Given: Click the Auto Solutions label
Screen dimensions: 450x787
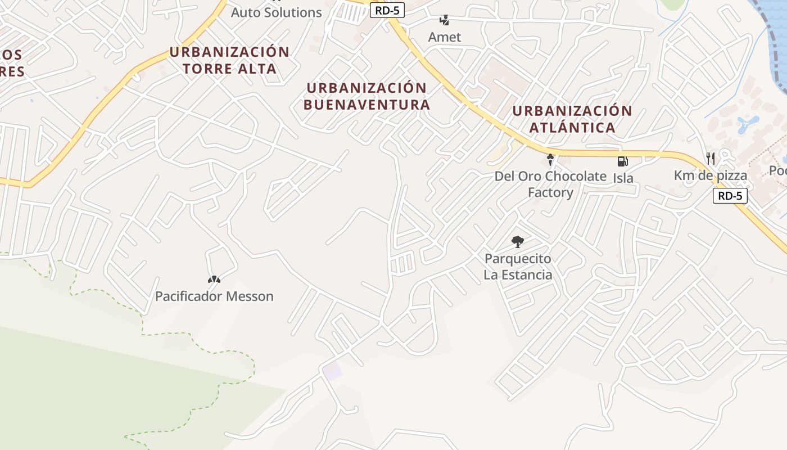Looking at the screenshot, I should click(x=276, y=12).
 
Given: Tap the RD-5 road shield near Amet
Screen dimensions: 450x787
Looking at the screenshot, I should click(x=387, y=10).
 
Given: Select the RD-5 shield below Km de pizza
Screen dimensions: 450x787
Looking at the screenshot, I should click(x=730, y=196).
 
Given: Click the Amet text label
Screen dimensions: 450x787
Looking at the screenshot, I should click(x=444, y=37).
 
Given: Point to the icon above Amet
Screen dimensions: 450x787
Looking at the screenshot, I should click(x=444, y=21).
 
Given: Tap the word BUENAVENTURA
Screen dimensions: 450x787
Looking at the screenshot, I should click(x=367, y=105).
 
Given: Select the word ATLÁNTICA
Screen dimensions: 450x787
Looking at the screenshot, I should click(x=572, y=127).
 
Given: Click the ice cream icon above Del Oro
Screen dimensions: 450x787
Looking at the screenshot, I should click(x=550, y=160).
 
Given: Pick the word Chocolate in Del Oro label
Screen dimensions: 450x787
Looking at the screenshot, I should click(x=576, y=176).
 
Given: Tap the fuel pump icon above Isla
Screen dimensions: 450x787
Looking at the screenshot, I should click(x=622, y=161).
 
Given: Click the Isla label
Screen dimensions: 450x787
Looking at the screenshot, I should click(x=623, y=178).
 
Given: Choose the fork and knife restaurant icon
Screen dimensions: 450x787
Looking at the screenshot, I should click(x=710, y=158).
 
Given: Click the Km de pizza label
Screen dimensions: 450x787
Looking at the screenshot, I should click(x=711, y=175).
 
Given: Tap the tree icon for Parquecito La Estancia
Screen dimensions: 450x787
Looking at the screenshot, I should click(x=518, y=242).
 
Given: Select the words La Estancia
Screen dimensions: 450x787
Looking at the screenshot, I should click(x=518, y=275).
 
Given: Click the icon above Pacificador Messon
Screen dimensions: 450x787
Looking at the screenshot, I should click(x=214, y=279).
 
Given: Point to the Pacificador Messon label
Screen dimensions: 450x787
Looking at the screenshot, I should click(x=214, y=296).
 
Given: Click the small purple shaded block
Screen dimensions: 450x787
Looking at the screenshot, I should click(x=332, y=371).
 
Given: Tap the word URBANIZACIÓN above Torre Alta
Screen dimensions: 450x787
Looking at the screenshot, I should click(x=229, y=52).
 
